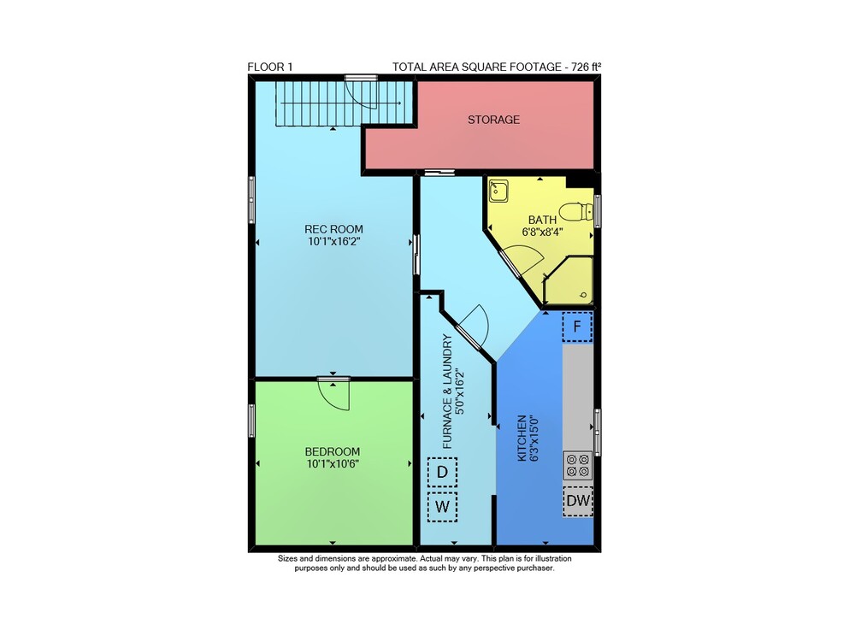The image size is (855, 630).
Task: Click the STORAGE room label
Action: (493, 120)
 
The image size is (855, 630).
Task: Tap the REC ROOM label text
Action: (333, 229)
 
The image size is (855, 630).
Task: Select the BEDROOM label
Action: (332, 452)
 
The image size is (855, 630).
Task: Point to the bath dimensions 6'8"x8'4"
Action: (542, 232)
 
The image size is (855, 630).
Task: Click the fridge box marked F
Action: (577, 327)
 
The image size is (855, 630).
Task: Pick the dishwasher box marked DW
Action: (578, 501)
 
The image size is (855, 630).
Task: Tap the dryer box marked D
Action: (442, 472)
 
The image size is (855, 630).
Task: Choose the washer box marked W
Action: (442, 507)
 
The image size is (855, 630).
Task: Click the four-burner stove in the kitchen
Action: (577, 465)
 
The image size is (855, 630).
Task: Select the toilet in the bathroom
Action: (576, 211)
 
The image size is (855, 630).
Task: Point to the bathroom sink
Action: (498, 191)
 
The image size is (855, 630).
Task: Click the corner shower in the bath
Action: (569, 280)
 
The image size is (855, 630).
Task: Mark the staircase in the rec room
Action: (343, 103)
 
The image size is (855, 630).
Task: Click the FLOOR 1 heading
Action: (270, 67)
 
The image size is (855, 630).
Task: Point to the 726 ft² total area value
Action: (586, 67)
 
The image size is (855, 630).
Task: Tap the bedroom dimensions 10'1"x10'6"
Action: (333, 464)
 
